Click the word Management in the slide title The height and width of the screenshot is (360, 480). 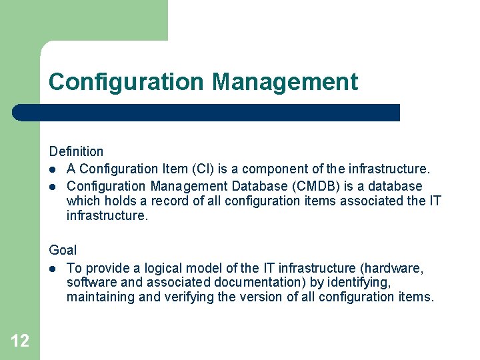tap(285, 82)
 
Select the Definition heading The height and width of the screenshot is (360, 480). tap(76, 151)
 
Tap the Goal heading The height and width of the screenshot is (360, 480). tap(63, 250)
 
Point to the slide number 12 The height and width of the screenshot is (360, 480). tap(20, 341)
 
